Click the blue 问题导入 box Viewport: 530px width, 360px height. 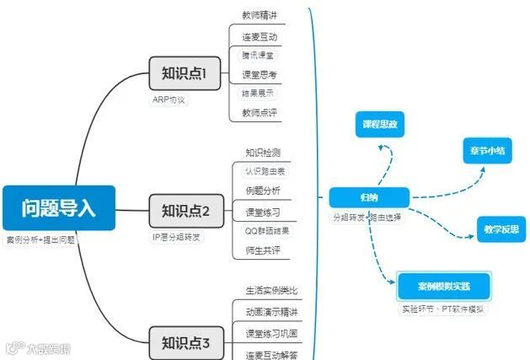coord(58,207)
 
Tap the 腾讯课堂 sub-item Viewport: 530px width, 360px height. coord(258,55)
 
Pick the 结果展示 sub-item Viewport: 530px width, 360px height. coord(258,93)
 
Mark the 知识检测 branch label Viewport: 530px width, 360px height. coord(263,153)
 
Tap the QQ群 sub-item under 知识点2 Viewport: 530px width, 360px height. coord(265,229)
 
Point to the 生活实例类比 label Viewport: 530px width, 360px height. coord(271,291)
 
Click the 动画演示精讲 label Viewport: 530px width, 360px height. coord(270,312)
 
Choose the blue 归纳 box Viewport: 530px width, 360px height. coord(368,197)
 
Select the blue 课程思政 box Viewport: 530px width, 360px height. coord(379,125)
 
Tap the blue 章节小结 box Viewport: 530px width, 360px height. coord(487,150)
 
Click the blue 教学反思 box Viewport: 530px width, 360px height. coord(499,228)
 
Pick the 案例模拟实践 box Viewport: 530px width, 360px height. coord(443,286)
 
